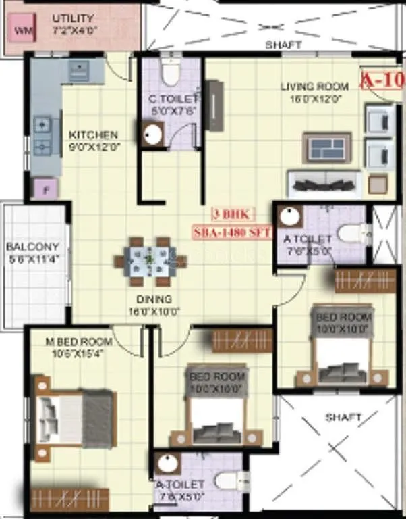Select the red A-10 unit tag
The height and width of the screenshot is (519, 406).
pyautogui.click(x=382, y=80)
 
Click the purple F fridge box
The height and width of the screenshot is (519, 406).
pyautogui.click(x=46, y=189)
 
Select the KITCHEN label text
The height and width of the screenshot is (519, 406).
pyautogui.click(x=93, y=134)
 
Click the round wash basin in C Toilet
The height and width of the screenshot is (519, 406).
pyautogui.click(x=150, y=134)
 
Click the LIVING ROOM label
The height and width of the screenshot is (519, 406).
pyautogui.click(x=315, y=86)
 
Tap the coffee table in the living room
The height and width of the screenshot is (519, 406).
pyautogui.click(x=326, y=147)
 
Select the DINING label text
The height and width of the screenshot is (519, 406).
pyautogui.click(x=153, y=299)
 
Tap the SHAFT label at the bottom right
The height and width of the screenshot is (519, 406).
pyautogui.click(x=343, y=417)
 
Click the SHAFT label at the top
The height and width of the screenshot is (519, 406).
pyautogui.click(x=283, y=45)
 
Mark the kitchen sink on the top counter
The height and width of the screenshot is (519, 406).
pyautogui.click(x=79, y=69)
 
